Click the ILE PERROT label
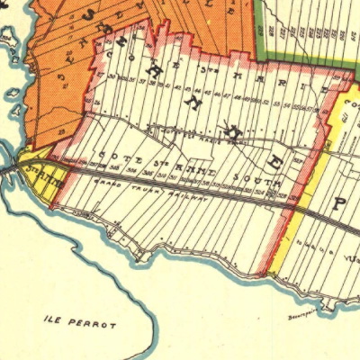click(x=80, y=321)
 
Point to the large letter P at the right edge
click(x=339, y=203)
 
